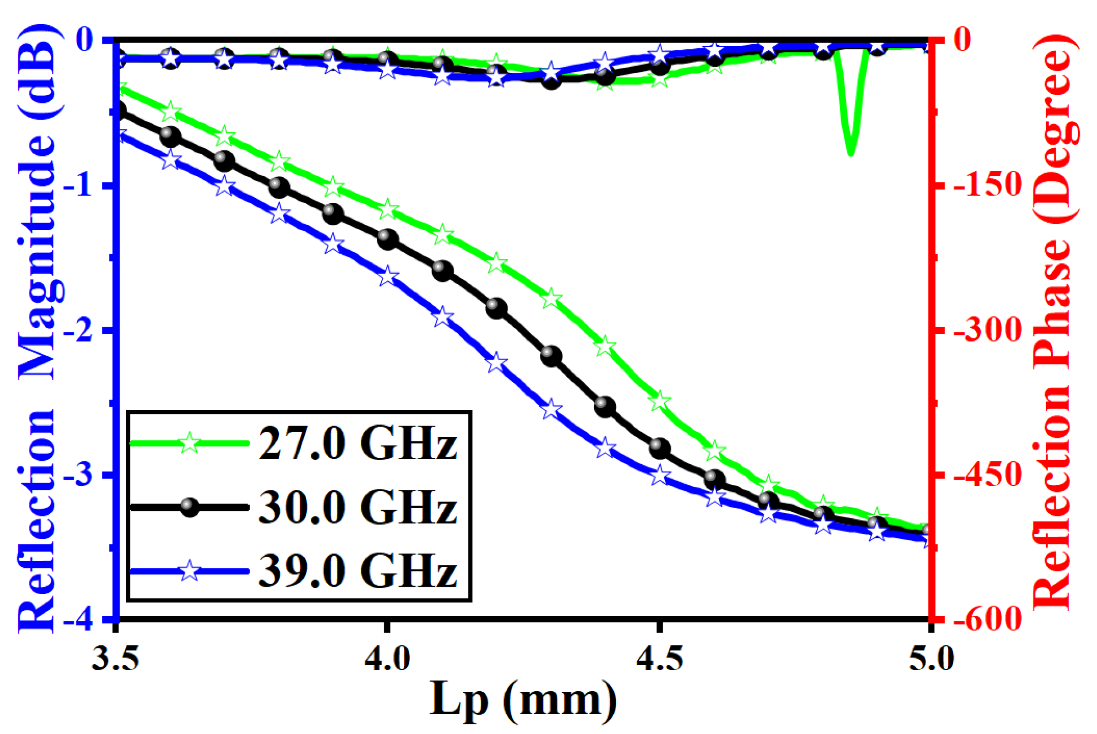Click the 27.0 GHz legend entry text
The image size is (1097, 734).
coord(357,444)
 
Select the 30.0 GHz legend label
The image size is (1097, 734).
coord(357,507)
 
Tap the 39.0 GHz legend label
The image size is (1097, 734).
coord(357,571)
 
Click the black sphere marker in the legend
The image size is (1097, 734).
coord(189,507)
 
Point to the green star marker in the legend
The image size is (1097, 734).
coord(189,444)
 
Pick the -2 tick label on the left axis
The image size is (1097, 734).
coord(86,330)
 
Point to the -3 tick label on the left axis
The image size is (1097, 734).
coord(86,475)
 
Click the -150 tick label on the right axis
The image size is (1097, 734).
coord(987,185)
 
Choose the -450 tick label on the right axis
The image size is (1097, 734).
coord(987,475)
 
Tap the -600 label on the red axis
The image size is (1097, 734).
coord(987,620)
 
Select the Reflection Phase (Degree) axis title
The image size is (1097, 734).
coord(1053,322)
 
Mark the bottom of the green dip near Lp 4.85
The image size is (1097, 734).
coord(851,153)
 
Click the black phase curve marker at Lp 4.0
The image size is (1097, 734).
coord(387,239)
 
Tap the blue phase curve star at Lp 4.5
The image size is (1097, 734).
coord(660,476)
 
